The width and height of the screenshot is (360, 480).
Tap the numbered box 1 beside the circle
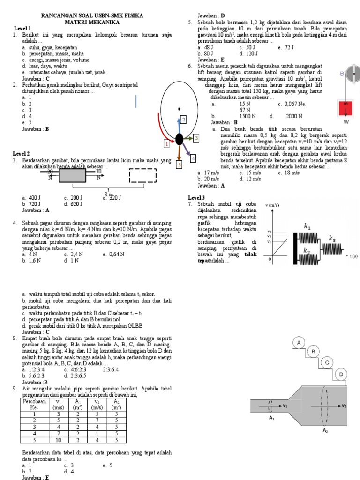tap(166, 143)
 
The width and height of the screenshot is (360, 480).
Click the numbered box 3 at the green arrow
tap(196, 138)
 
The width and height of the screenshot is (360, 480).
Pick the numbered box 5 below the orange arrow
tap(179, 165)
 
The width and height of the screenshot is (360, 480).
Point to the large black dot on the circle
tap(179, 138)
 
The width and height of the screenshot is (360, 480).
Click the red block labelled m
tap(346, 108)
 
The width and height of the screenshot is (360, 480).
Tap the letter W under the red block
tap(346, 122)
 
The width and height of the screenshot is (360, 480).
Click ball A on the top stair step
tap(298, 343)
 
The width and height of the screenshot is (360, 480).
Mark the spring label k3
tap(332, 239)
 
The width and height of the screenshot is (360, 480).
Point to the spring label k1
tap(307, 226)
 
